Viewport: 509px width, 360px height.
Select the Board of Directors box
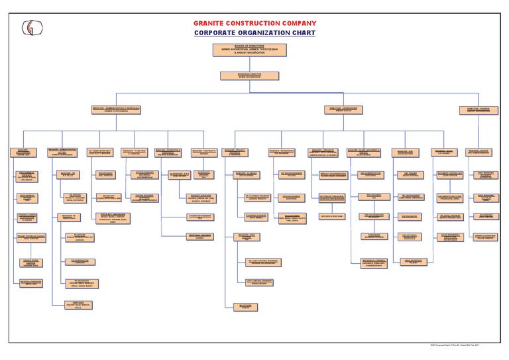243,50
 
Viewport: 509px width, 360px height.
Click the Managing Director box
243,76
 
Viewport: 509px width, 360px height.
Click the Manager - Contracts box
204,152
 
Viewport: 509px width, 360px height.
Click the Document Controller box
450,174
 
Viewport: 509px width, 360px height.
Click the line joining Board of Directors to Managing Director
243,63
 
